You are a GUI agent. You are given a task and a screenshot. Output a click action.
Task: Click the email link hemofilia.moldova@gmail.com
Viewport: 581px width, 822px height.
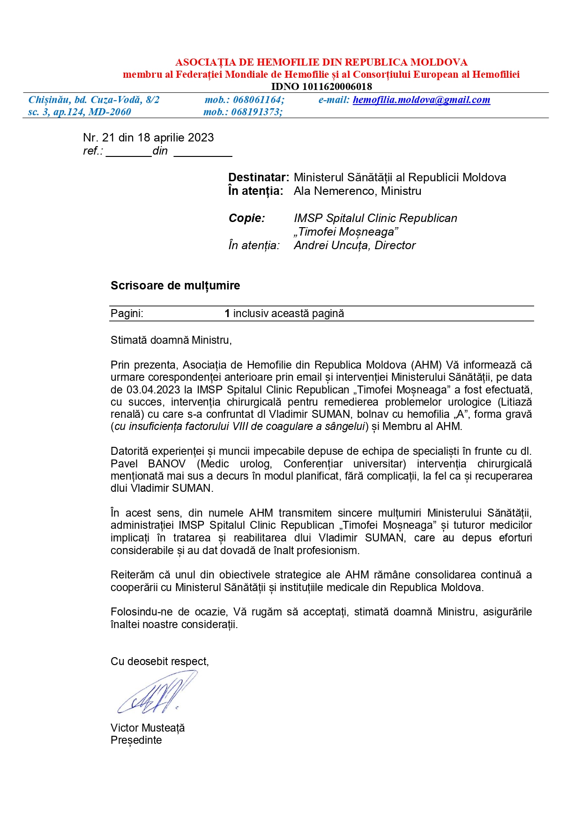[x=421, y=100]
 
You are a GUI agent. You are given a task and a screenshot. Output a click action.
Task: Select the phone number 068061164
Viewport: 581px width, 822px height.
[x=258, y=100]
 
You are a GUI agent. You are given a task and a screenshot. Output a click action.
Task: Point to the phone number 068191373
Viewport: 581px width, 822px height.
[x=256, y=112]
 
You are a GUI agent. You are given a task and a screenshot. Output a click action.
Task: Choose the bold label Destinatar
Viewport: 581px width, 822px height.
[x=258, y=178]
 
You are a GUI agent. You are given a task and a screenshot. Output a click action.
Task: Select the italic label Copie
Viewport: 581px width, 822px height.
[x=246, y=218]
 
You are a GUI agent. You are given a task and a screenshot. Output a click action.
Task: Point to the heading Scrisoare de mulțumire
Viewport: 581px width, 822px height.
[x=175, y=286]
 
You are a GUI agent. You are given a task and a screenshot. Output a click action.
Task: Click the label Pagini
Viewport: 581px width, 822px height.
[x=127, y=314]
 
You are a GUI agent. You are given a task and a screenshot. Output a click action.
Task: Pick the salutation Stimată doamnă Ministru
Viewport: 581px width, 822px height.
[x=171, y=341]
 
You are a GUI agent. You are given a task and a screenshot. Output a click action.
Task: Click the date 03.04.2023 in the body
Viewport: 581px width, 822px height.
[x=153, y=390]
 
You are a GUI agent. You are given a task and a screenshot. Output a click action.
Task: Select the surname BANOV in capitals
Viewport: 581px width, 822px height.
[x=167, y=464]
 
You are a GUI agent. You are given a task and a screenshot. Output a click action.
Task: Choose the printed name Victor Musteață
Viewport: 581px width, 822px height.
[x=148, y=728]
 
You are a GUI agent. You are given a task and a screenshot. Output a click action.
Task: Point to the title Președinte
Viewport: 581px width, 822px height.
[x=136, y=740]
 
